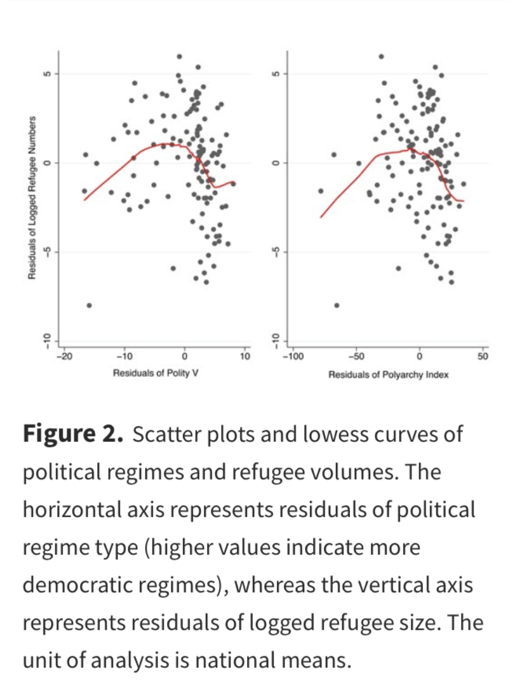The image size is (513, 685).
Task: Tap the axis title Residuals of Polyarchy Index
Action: pyautogui.click(x=388, y=374)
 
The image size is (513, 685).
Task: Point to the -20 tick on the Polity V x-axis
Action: pyautogui.click(x=65, y=356)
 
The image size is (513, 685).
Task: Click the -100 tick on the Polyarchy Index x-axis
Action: pyautogui.click(x=292, y=356)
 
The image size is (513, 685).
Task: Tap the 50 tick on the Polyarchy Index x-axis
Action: pyautogui.click(x=483, y=356)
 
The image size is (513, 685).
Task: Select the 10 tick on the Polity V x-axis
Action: pyautogui.click(x=245, y=356)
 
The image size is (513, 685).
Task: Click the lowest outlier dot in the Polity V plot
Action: pyautogui.click(x=89, y=305)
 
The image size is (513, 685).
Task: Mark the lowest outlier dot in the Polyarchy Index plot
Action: pyautogui.click(x=337, y=305)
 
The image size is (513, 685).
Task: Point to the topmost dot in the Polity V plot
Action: pyautogui.click(x=180, y=56)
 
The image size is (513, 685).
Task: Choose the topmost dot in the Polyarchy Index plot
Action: pyautogui.click(x=381, y=56)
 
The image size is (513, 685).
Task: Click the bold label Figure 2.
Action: pyautogui.click(x=73, y=435)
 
